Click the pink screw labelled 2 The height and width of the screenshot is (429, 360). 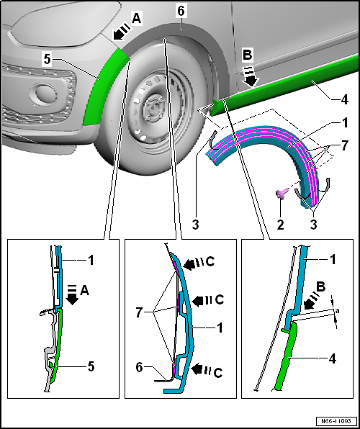coord(280,194)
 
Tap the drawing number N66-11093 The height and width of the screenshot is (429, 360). coord(336,420)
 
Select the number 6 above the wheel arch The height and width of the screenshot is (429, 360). coord(181,11)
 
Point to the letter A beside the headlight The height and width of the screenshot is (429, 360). coord(137,19)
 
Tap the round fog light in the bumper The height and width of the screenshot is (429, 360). coord(43,94)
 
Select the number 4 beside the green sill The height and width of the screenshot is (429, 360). coord(344,99)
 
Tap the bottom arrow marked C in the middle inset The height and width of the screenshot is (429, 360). coord(201,370)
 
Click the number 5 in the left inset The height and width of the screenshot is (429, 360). coord(91,366)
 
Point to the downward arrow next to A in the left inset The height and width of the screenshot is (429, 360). coord(73,295)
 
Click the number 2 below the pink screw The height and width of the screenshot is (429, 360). coord(280,225)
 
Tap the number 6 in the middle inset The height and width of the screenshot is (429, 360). coord(139,367)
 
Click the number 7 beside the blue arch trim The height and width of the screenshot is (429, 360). coord(344,145)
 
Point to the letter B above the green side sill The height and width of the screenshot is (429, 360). coord(247,55)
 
